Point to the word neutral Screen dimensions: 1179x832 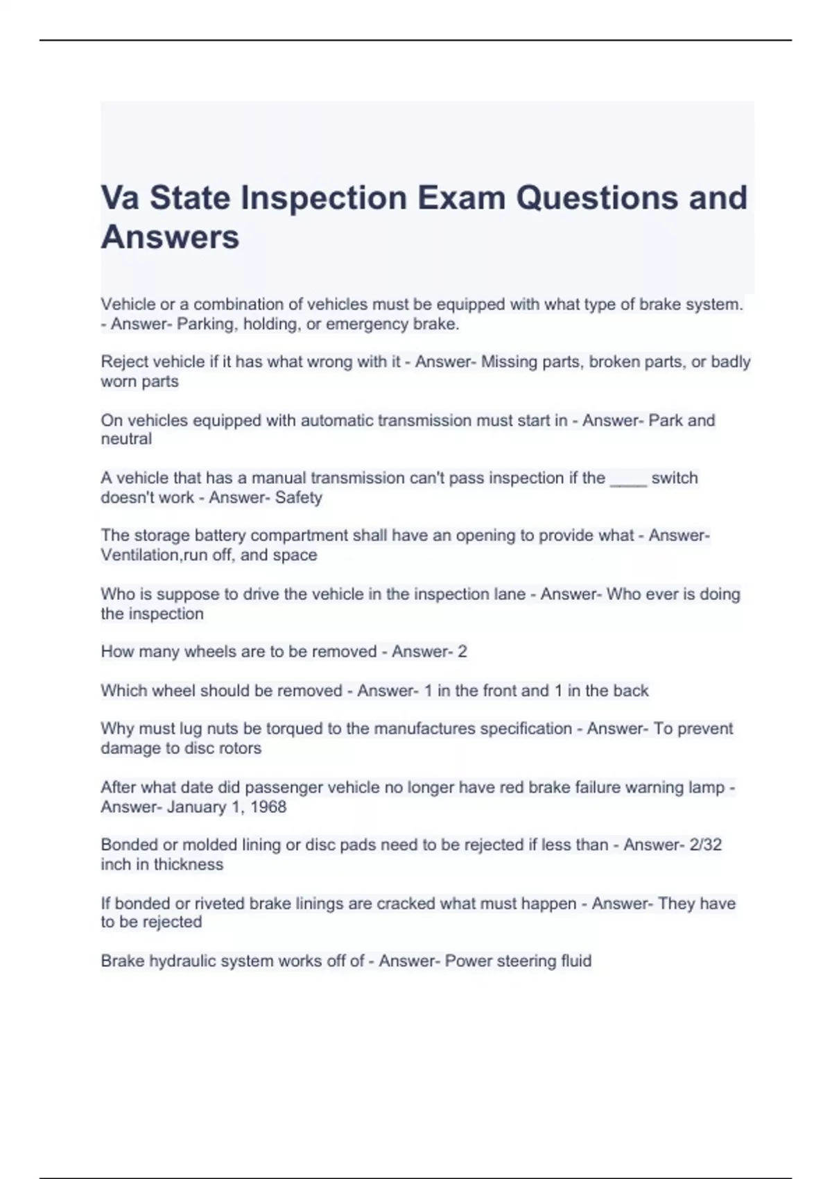tap(126, 439)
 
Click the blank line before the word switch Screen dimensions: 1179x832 tap(628, 479)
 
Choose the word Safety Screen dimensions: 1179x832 tap(299, 497)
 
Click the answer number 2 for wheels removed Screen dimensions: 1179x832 tap(462, 651)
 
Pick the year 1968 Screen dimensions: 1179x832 tap(268, 807)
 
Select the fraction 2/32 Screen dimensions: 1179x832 tap(706, 845)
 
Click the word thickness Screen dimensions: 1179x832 tap(189, 864)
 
